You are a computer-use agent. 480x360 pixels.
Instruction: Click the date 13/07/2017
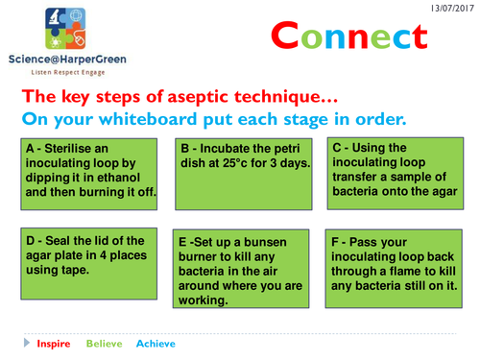pyautogui.click(x=452, y=9)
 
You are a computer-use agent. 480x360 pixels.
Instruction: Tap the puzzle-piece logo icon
pyautogui.click(x=65, y=29)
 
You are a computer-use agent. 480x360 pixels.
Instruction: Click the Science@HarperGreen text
pyautogui.click(x=67, y=60)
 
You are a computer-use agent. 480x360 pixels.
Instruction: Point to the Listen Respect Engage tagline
pyautogui.click(x=68, y=72)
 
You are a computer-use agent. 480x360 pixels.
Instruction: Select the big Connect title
pyautogui.click(x=349, y=36)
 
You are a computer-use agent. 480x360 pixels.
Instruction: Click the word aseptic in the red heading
pyautogui.click(x=198, y=97)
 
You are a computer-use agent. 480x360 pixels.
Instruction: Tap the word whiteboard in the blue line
pyautogui.click(x=148, y=119)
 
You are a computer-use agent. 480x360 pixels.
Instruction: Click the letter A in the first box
pyautogui.click(x=30, y=149)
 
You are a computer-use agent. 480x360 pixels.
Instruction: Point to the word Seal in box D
pyautogui.click(x=57, y=241)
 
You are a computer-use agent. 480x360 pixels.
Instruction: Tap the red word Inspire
pyautogui.click(x=54, y=344)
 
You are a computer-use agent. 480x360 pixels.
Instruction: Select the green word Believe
pyautogui.click(x=105, y=344)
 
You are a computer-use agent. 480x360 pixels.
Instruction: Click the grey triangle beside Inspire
pyautogui.click(x=27, y=343)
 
